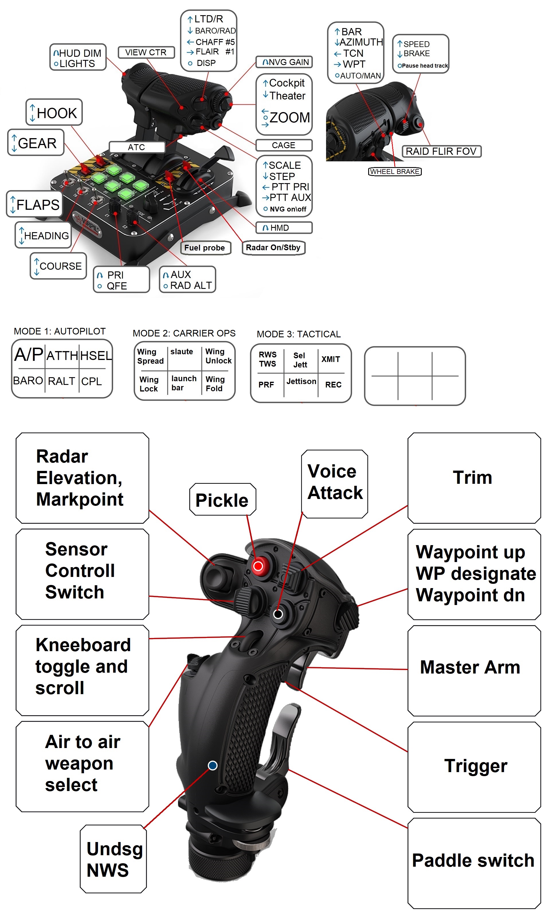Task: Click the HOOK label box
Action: [x=54, y=112]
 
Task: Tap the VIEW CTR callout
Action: [x=146, y=52]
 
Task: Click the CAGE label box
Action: [x=283, y=145]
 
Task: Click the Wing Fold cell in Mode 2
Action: [x=215, y=384]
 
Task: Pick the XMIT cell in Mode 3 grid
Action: [x=331, y=359]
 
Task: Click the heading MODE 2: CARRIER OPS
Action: [x=184, y=333]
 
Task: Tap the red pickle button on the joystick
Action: [x=258, y=565]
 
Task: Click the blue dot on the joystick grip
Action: [x=213, y=766]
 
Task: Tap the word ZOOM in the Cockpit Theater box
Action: [x=289, y=118]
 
